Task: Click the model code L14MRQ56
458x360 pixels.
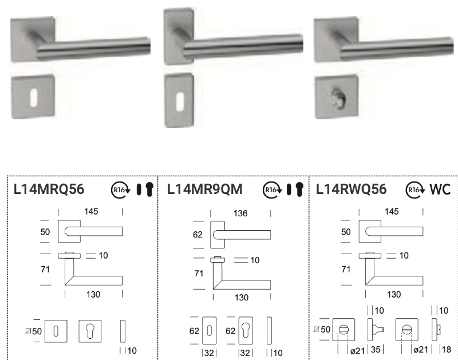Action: pos(49,189)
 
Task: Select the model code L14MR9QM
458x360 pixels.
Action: pos(205,189)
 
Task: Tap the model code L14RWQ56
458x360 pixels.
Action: pos(352,189)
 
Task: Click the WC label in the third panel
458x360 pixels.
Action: pos(440,189)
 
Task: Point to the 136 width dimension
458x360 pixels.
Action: pos(240,213)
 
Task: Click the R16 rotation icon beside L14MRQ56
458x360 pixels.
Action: pos(121,190)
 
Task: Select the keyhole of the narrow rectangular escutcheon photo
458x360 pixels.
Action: pos(180,102)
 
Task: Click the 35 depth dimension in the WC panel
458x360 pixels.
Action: pos(376,350)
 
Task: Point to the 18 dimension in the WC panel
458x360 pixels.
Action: pos(447,350)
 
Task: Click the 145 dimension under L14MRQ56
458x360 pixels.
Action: pos(91,211)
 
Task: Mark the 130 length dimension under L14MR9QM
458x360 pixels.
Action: pos(242,298)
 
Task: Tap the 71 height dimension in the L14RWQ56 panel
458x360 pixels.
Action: pos(346,269)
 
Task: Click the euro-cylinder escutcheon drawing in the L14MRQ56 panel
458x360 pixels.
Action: pos(90,331)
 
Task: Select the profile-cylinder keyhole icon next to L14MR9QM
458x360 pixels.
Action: pos(299,189)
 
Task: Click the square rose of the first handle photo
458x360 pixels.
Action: pos(32,39)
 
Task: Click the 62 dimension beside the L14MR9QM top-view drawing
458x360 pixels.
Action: pos(198,235)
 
